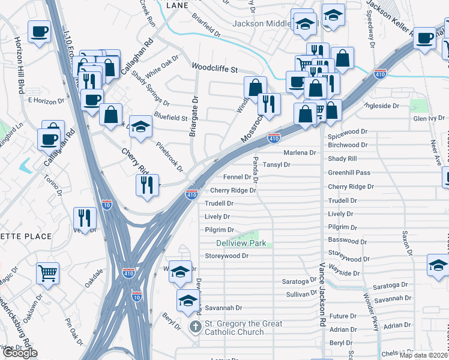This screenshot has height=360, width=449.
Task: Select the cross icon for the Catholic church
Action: tap(195, 327)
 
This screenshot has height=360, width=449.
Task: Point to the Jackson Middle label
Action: tap(261, 24)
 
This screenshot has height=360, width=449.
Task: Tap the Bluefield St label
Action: tap(170, 118)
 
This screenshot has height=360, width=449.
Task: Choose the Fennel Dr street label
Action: tap(237, 177)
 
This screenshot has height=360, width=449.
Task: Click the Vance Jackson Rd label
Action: tap(322, 293)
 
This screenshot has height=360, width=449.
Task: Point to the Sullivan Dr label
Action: tap(301, 294)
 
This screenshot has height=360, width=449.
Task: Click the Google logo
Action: tap(20, 353)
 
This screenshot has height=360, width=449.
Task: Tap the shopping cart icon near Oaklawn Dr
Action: tap(48, 274)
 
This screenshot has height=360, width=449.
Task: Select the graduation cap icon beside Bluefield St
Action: tap(141, 127)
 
